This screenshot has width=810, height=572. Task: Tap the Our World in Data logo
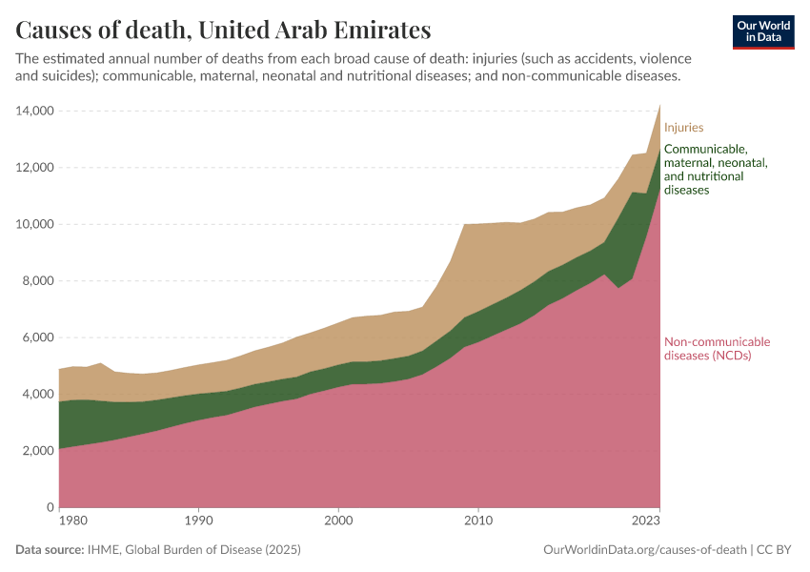(x=762, y=31)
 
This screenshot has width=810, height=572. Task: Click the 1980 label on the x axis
(x=61, y=521)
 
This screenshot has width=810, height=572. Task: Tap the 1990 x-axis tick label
(x=198, y=521)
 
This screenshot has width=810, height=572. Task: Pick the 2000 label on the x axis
(x=338, y=521)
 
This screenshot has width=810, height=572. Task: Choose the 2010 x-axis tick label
(x=477, y=521)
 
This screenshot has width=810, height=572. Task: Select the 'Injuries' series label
(x=683, y=127)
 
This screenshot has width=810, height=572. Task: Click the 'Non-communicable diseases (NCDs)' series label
(x=717, y=349)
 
